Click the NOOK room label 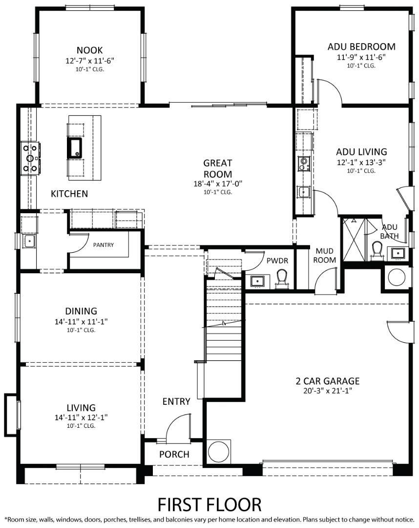[89, 50]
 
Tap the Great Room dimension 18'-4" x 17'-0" [218, 184]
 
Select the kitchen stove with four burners [30, 158]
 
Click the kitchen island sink [75, 147]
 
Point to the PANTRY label [103, 244]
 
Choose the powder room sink [257, 281]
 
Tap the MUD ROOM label [324, 255]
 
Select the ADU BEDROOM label [361, 46]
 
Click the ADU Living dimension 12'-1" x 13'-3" [361, 162]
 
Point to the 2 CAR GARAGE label [327, 381]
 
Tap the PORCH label [174, 454]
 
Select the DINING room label [81, 311]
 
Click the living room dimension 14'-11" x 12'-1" [81, 418]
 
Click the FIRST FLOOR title [209, 504]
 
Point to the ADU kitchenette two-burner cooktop [304, 163]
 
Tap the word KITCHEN [69, 194]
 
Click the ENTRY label [176, 401]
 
